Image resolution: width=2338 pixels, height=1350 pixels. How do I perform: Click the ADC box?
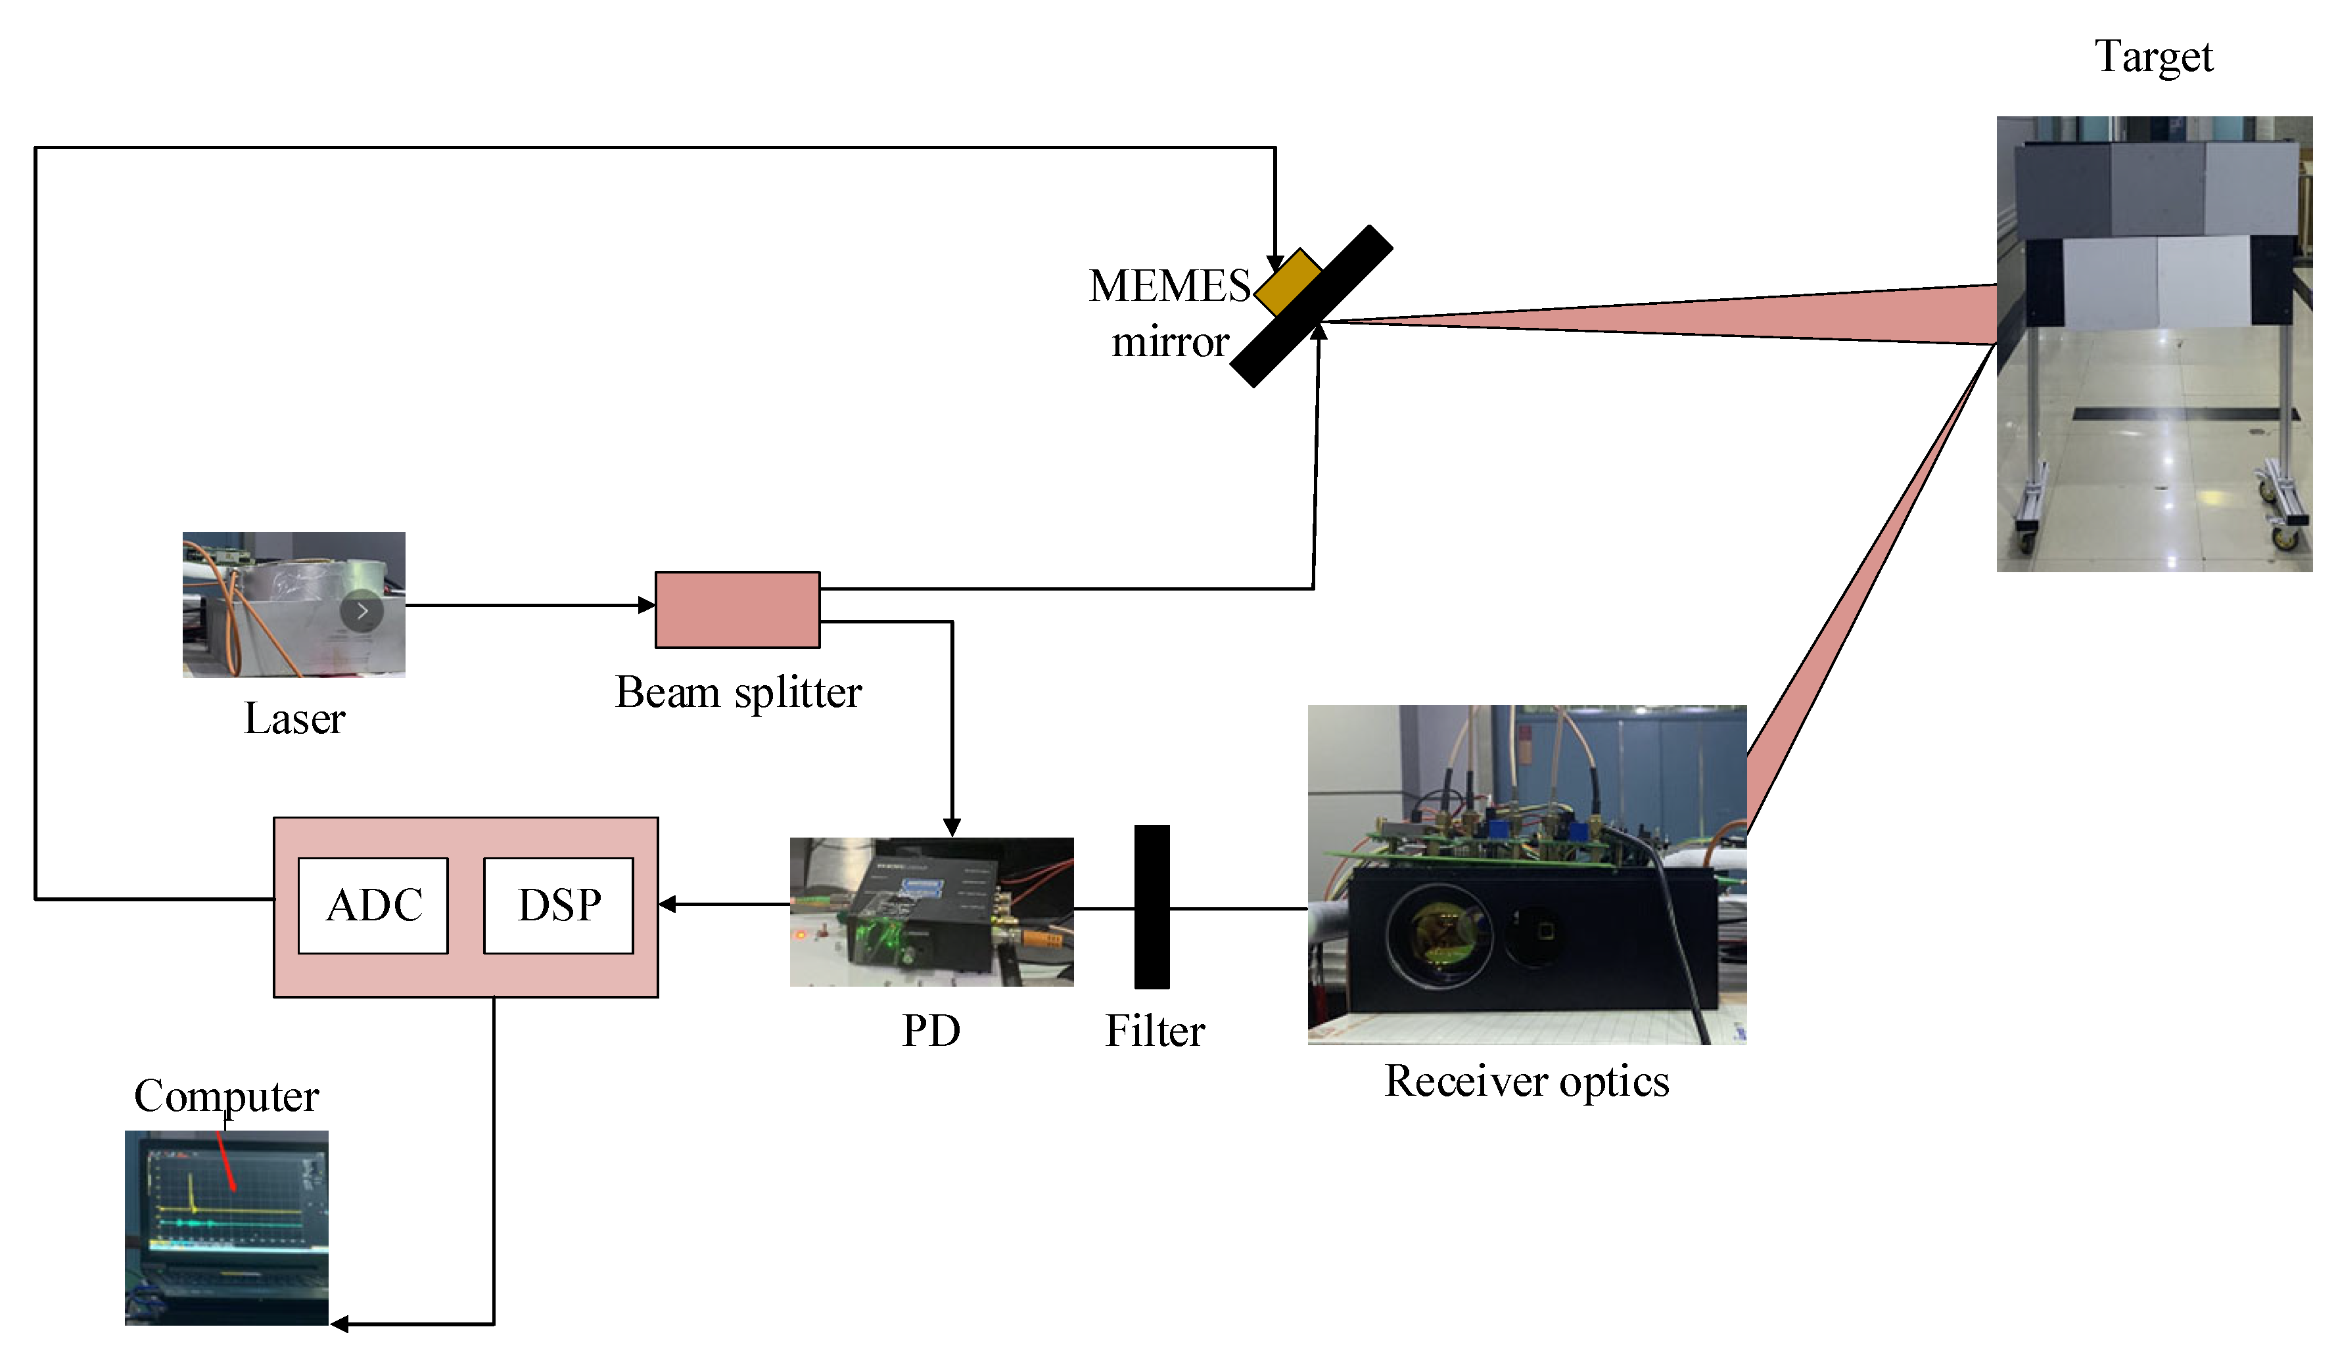[x=373, y=906]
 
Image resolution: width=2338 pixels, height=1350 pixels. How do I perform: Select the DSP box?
[x=558, y=906]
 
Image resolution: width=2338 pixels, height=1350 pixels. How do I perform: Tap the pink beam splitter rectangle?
[x=737, y=609]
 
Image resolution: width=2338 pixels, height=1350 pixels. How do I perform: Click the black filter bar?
[x=1151, y=907]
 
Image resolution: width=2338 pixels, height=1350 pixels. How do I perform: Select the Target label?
[x=2153, y=58]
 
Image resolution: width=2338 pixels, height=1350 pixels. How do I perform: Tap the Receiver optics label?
[x=1526, y=1081]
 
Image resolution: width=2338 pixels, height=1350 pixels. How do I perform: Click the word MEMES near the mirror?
[x=1169, y=286]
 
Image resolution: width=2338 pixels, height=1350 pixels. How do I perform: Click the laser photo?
[x=293, y=604]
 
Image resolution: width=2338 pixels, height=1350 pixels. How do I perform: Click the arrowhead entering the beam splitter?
[x=647, y=606]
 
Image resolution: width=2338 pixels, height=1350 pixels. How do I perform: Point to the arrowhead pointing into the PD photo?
[x=952, y=827]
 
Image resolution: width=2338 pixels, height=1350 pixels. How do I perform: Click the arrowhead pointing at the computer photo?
[x=339, y=1324]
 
